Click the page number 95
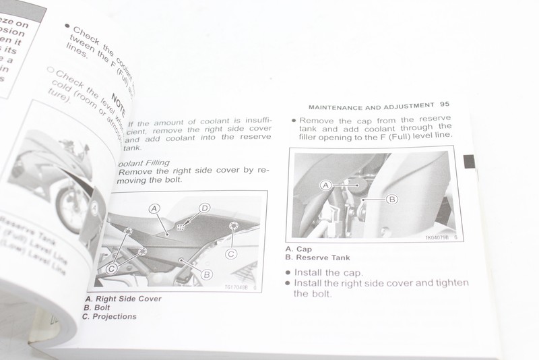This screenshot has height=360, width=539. [x=444, y=105]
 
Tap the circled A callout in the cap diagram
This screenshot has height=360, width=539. [x=326, y=184]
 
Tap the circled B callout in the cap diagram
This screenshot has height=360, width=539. [x=393, y=199]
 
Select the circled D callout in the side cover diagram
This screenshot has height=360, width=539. [x=204, y=208]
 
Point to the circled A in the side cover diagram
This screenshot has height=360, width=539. [x=154, y=210]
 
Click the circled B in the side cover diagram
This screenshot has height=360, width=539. [x=207, y=274]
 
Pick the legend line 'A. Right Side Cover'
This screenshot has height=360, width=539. [x=123, y=298]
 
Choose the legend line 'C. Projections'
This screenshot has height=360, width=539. [x=110, y=317]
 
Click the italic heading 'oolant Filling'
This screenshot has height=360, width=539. [x=143, y=162]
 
